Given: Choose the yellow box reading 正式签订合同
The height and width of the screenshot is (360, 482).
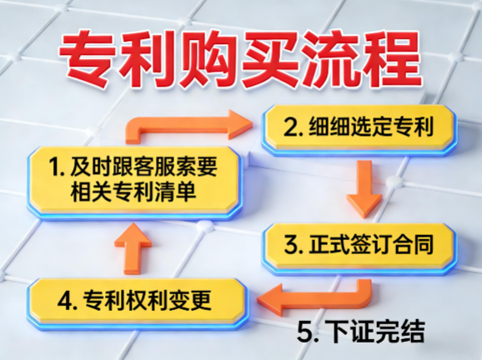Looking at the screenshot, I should point(359,246).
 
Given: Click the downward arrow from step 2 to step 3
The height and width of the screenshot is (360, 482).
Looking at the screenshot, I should point(364,187).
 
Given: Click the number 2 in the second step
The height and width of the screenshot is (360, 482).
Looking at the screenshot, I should point(291,129).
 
